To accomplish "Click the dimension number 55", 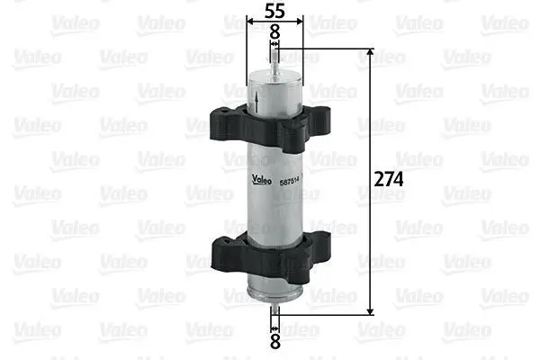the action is point(274,11).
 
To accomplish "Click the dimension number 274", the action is point(389,179).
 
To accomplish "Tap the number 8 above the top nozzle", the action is point(274,32).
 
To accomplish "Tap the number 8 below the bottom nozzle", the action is point(274,341).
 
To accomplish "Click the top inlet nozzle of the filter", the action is point(274,61).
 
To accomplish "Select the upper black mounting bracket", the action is point(270,128).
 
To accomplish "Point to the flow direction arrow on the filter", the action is point(256,101).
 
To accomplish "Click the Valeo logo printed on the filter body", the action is point(261,179).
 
